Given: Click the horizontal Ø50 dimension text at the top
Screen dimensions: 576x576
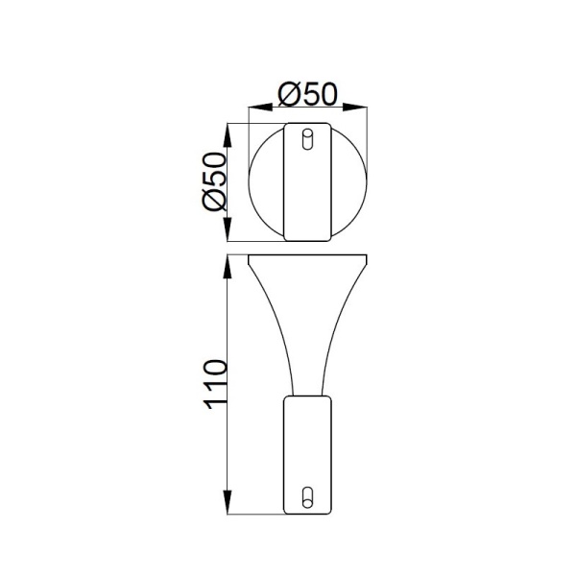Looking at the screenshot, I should pyautogui.click(x=307, y=95).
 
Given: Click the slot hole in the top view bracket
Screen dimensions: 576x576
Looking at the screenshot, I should pyautogui.click(x=307, y=139).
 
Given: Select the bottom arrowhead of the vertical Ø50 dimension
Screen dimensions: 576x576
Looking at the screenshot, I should pyautogui.click(x=229, y=236).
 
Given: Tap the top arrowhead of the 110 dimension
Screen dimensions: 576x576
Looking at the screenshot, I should pyautogui.click(x=229, y=261).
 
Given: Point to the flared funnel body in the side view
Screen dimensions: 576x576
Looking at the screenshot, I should pyautogui.click(x=307, y=317).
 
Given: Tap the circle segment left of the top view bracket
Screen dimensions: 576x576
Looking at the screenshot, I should pyautogui.click(x=267, y=182).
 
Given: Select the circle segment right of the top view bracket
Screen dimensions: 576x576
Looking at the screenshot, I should pyautogui.click(x=348, y=182).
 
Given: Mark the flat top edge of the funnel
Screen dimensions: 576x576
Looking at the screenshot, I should pyautogui.click(x=307, y=255).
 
